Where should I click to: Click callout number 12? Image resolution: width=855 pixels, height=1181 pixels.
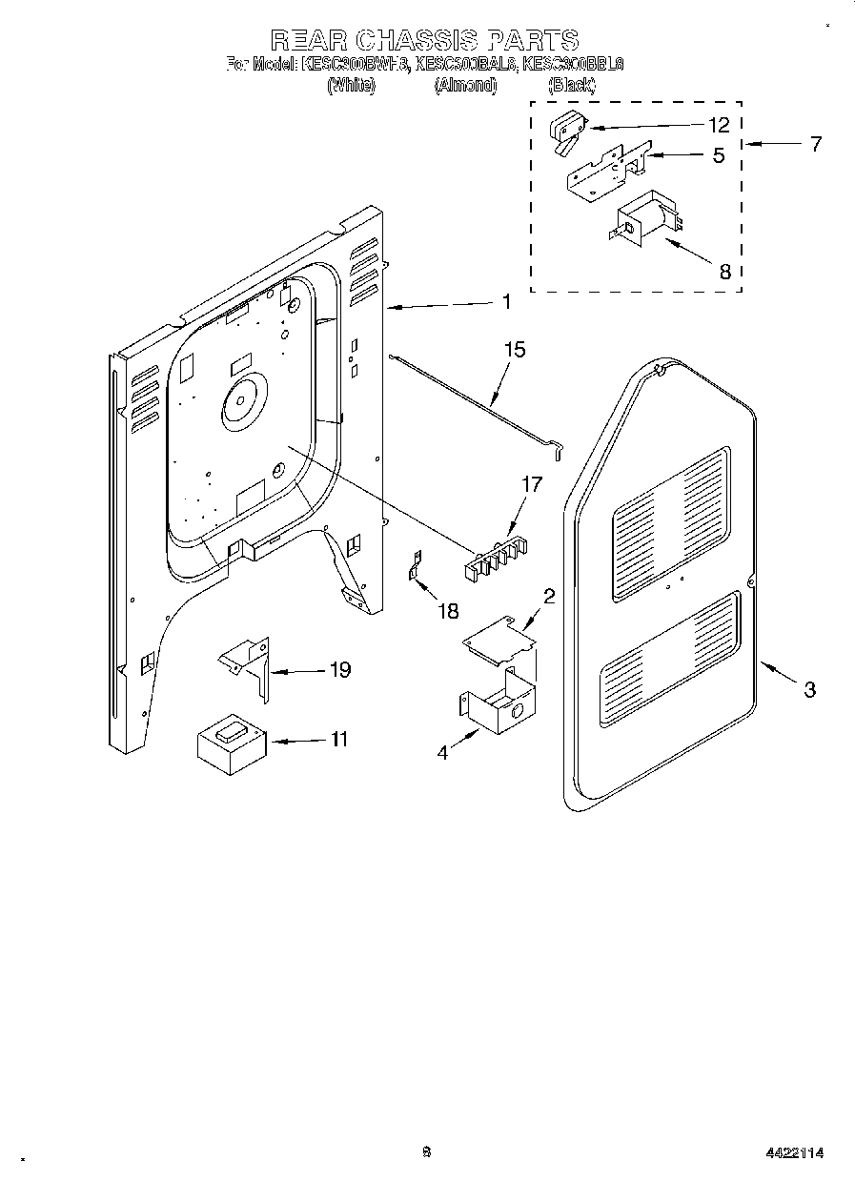(719, 125)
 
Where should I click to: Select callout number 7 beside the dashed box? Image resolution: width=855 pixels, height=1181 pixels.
(816, 145)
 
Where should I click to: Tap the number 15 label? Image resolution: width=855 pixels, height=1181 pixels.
(514, 351)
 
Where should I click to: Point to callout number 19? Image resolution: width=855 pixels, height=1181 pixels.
(338, 670)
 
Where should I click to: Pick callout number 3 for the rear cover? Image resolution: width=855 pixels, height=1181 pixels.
(809, 690)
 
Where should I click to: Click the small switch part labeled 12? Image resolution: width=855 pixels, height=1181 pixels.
(567, 132)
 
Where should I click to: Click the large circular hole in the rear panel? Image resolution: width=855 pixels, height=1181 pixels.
(241, 400)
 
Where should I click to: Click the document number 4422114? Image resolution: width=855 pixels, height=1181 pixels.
(793, 1152)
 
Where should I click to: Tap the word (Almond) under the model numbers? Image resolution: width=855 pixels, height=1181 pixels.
(466, 85)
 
